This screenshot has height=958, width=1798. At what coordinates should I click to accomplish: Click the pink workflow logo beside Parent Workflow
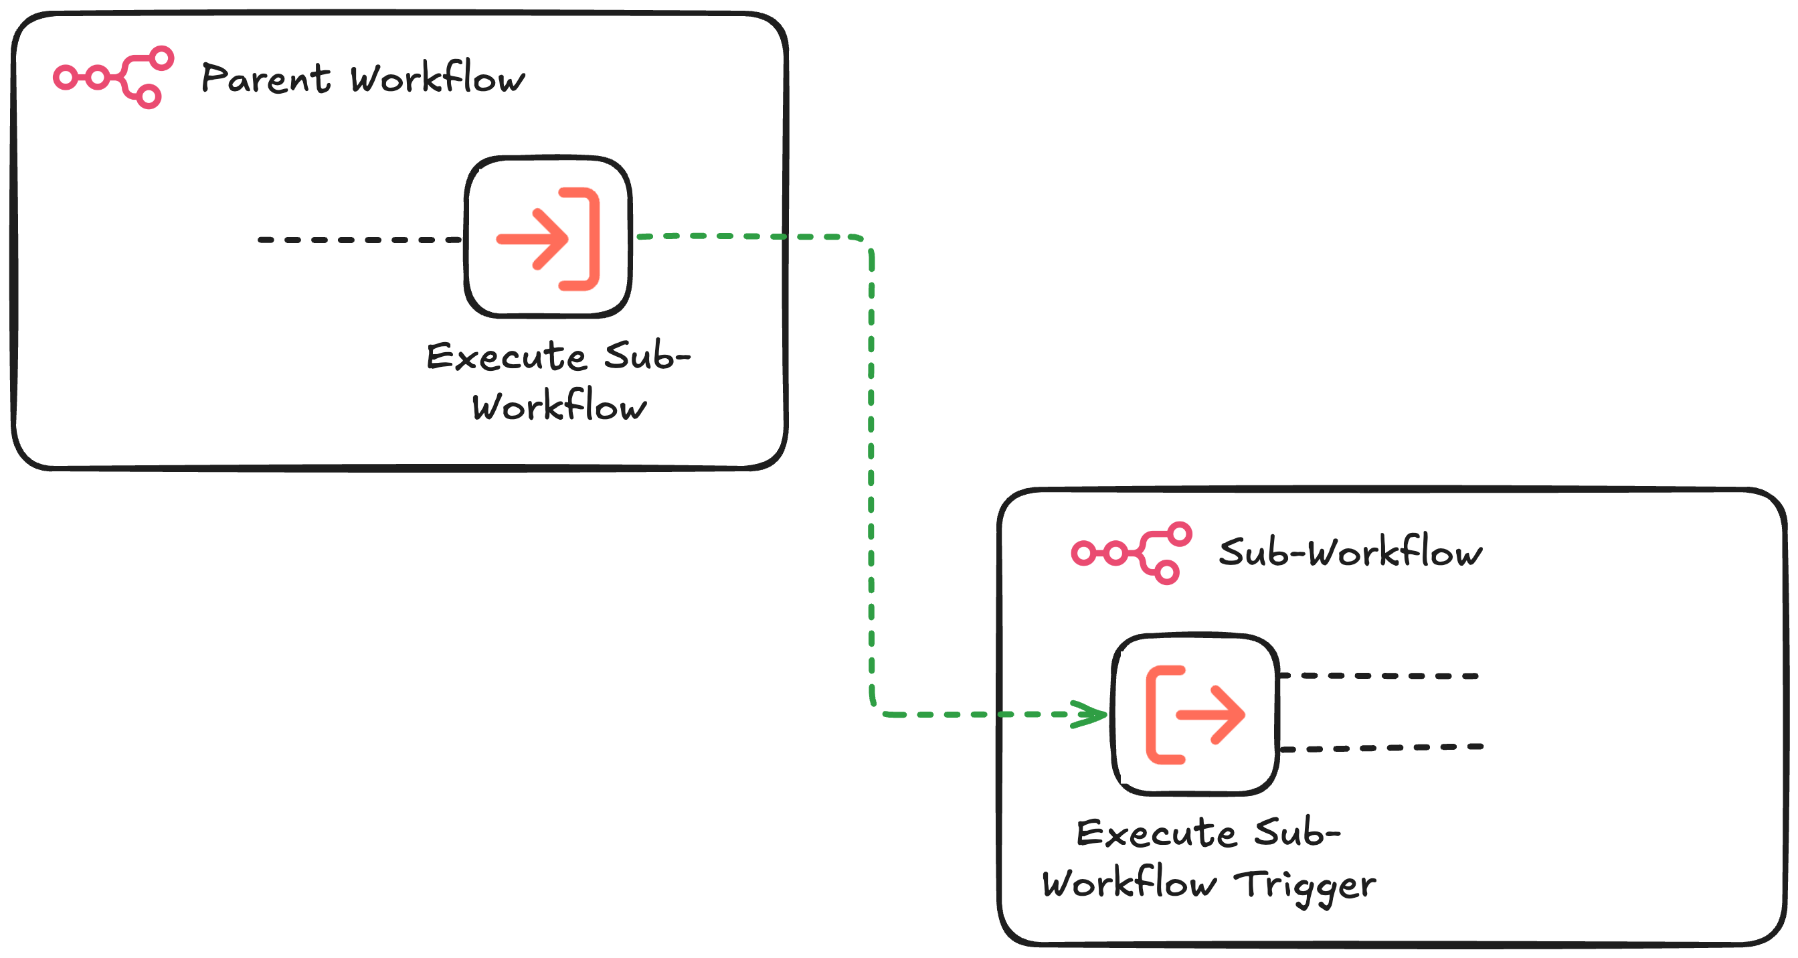(x=113, y=77)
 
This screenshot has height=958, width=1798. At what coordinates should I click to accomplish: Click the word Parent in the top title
(x=265, y=78)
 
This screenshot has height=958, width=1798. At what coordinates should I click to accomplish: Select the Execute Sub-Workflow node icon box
(x=548, y=237)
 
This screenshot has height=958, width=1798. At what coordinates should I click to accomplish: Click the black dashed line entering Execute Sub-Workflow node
(x=359, y=240)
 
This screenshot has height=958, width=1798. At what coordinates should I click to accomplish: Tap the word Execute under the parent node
(x=506, y=357)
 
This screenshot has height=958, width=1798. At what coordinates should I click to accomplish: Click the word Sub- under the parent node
(x=646, y=356)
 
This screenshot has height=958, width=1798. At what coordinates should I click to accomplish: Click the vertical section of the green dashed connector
(x=871, y=475)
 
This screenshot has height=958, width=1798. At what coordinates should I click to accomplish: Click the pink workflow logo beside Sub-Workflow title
(x=1131, y=552)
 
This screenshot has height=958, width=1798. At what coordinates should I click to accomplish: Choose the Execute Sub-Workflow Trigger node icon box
(x=1195, y=714)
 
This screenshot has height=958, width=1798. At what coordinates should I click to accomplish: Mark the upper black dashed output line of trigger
(x=1378, y=675)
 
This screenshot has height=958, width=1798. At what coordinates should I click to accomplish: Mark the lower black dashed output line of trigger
(x=1382, y=747)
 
